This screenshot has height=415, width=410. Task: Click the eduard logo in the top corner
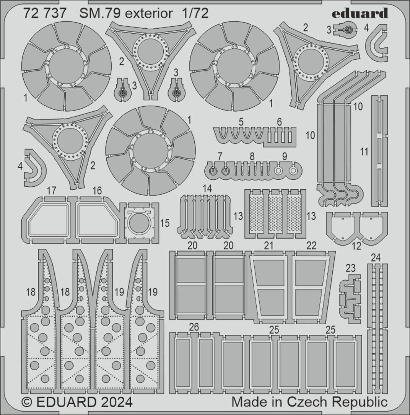point(360,13)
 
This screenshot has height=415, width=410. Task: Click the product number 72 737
point(44,14)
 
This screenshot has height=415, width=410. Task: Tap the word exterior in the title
point(149,14)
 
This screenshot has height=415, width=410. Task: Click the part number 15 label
point(165,223)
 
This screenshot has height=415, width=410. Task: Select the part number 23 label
point(351,268)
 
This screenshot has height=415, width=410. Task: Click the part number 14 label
point(207,189)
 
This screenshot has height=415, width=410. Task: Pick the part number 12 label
point(356,246)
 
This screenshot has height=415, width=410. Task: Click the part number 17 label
point(52,190)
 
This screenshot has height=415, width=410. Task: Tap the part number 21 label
point(269,246)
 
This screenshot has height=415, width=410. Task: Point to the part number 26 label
point(194,327)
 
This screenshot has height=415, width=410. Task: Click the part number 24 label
point(376,258)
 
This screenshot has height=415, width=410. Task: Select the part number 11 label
point(365,152)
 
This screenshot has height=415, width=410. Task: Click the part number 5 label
point(241,122)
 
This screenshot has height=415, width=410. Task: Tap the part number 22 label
point(311,246)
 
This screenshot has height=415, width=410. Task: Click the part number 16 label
point(97,190)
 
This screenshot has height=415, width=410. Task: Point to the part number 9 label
point(285,156)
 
